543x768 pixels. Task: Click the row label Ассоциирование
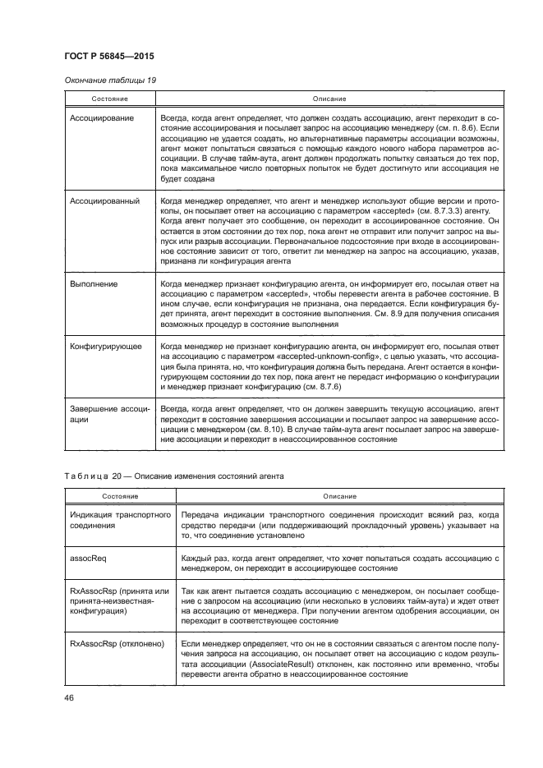(103, 119)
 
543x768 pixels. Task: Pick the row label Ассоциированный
(104, 200)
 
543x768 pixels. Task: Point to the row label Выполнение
(94, 284)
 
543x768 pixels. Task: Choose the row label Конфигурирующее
(106, 347)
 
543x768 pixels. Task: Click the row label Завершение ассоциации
(108, 413)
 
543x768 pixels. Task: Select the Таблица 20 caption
(173, 476)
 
